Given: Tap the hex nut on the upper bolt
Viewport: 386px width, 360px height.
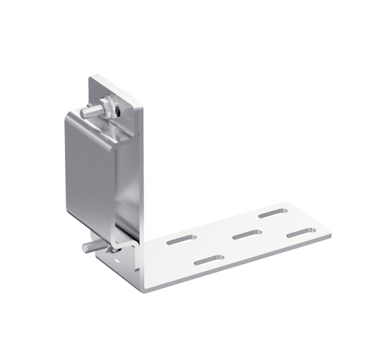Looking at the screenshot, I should (x=107, y=104).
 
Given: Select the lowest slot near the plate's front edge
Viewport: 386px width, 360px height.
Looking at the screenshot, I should (x=208, y=260).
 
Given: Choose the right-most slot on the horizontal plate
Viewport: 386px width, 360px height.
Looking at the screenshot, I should (x=301, y=233).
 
